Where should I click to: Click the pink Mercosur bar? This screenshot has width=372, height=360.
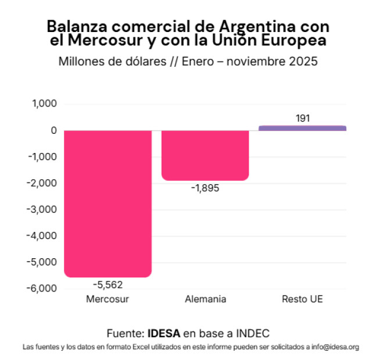click(x=108, y=204)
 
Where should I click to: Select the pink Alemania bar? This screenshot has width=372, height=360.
click(x=205, y=155)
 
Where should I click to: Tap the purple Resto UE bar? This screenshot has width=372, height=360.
click(x=302, y=128)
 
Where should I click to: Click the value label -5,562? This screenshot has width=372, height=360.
click(x=108, y=285)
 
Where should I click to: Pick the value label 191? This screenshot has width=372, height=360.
click(x=303, y=118)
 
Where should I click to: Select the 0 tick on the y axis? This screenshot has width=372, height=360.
click(x=53, y=131)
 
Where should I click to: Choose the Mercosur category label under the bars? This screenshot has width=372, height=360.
click(x=108, y=300)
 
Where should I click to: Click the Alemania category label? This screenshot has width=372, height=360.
click(x=205, y=300)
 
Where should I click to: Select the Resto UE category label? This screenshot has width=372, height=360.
click(x=302, y=300)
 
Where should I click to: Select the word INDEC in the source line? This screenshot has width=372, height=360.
click(x=252, y=333)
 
